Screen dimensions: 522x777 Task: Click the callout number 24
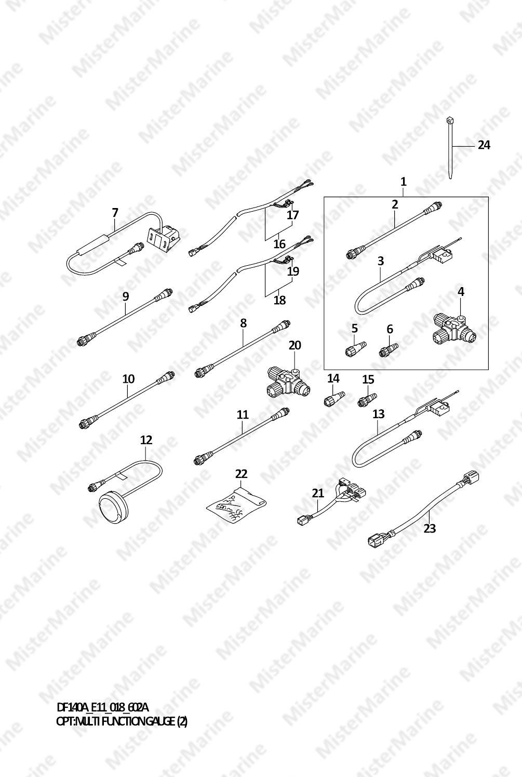tap(484, 145)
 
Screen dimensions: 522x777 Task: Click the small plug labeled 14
tap(334, 398)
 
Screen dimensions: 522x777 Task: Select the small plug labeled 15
tap(367, 398)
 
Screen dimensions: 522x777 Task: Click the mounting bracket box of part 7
tap(165, 238)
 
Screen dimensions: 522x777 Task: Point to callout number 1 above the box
tap(403, 182)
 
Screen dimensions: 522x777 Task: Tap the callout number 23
tap(430, 528)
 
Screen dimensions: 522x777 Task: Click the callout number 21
tap(318, 493)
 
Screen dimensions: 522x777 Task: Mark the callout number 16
tap(279, 244)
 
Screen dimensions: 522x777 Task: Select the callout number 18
tap(279, 300)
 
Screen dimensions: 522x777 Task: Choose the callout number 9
tap(125, 296)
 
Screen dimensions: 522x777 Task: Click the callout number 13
tap(379, 414)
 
